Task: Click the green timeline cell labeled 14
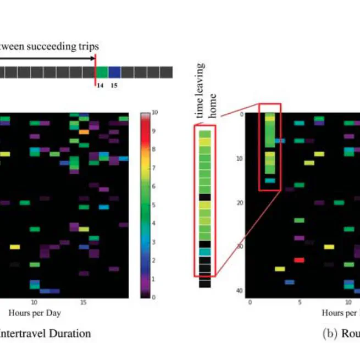102,73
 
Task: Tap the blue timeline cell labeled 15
114,73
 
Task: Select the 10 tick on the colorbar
154,112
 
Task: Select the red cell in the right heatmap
299,259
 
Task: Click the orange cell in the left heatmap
84,132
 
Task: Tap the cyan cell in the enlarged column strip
204,251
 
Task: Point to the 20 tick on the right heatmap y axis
240,203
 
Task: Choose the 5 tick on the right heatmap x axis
299,302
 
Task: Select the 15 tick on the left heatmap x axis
83,302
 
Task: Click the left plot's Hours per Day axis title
34,313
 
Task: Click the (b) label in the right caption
329,333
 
